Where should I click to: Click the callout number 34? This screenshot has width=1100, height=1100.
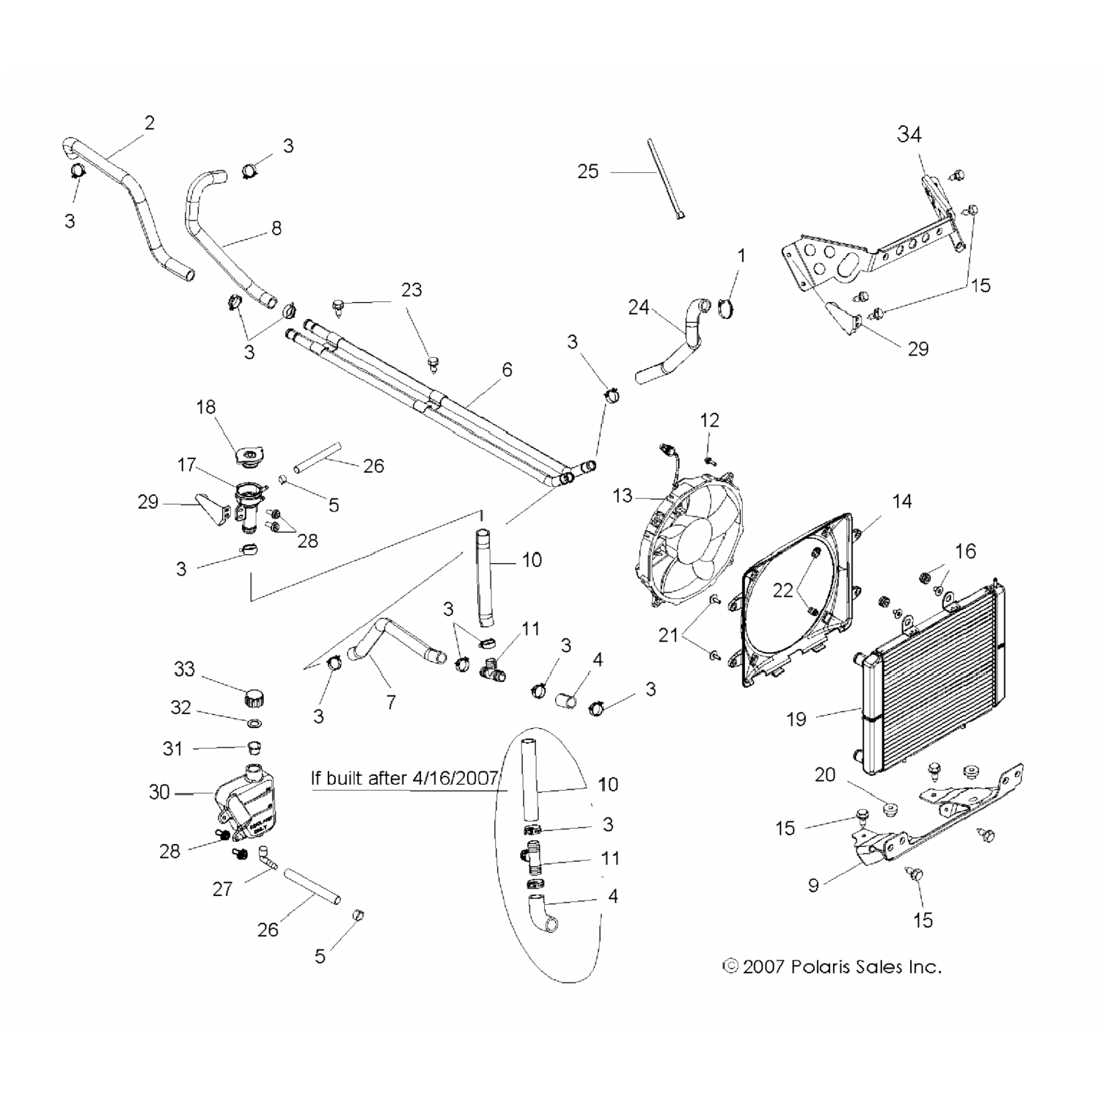(x=909, y=134)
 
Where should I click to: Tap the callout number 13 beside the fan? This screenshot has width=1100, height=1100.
(x=622, y=496)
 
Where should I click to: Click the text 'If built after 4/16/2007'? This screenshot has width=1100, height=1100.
(x=404, y=777)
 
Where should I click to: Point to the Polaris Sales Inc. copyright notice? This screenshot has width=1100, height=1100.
(x=832, y=967)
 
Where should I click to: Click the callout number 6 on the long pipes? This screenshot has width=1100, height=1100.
(x=507, y=370)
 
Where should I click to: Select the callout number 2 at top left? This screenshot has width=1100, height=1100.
(x=150, y=122)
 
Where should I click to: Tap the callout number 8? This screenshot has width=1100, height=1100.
(x=276, y=228)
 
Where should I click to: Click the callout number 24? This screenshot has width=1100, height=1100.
(x=638, y=307)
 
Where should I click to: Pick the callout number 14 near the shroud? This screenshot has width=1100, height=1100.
(x=901, y=501)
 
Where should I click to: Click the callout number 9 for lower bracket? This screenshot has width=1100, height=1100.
(x=813, y=885)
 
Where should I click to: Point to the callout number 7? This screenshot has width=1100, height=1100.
(x=391, y=702)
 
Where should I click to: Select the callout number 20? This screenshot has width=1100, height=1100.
(x=825, y=774)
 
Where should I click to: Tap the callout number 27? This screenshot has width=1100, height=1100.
(x=222, y=889)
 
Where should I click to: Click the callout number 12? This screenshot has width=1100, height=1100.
(x=709, y=420)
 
